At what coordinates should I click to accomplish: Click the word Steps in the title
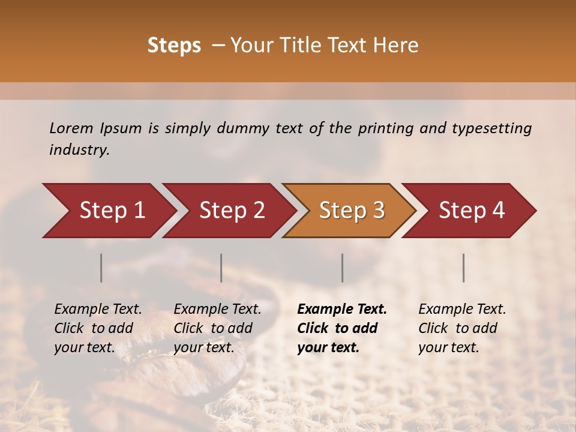coord(174,46)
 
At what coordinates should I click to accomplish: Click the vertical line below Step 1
coord(101,268)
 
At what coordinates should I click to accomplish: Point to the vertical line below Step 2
coord(221,268)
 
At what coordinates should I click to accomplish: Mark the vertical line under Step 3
coord(342,268)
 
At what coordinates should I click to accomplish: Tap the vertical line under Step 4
coord(464,268)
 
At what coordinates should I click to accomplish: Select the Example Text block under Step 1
coord(98,328)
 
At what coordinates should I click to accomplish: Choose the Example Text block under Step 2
coord(217,328)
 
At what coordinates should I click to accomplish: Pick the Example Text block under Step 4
coord(462,328)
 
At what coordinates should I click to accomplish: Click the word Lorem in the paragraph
coord(71,128)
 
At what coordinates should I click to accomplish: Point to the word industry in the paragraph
coord(79,150)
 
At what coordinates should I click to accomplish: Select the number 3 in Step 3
coord(378,211)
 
